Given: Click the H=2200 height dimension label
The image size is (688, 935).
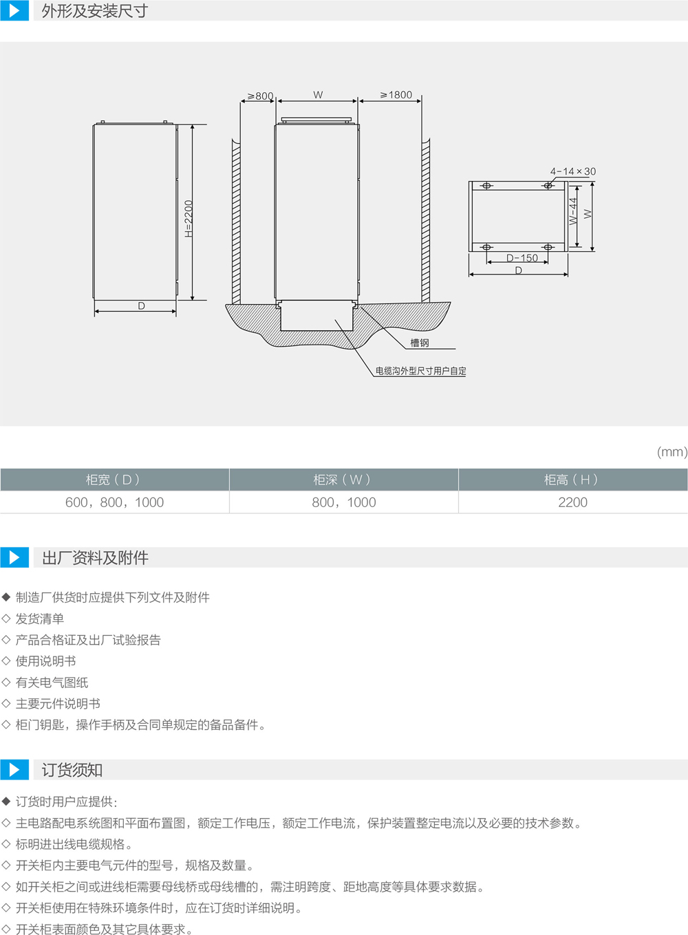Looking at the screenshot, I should pos(189,219).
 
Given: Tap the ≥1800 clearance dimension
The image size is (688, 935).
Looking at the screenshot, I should pos(396,95).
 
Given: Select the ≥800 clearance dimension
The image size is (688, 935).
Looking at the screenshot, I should pos(261,96).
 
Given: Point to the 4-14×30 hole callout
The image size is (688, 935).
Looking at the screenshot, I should pos(572,171).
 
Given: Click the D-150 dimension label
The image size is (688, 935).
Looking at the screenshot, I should pos(522,258).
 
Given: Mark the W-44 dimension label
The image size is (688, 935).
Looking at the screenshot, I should pos(573,211).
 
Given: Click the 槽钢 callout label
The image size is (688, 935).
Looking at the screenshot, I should pos(420,343).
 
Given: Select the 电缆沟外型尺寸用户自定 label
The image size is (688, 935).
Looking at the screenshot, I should pos(420,371).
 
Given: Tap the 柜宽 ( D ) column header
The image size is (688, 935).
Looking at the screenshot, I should pos(114,480).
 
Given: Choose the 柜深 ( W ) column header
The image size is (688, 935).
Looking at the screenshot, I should pos(343,480).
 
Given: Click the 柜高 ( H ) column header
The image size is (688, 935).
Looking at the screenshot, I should pos(572,480).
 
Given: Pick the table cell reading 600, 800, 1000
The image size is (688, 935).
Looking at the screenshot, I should pos(114,502).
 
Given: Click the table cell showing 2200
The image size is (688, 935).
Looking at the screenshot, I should pos(572,502).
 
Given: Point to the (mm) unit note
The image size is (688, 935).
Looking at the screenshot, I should pos(672,452).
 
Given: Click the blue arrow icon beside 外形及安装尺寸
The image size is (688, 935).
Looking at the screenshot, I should pos(14,10).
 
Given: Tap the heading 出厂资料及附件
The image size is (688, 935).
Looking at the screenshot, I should pos(95,558).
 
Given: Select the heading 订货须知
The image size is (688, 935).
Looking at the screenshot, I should pos(72,770).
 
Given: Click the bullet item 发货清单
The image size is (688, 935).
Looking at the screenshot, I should pos(40,619).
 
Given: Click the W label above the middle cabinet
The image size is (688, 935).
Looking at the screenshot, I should pos(318,95).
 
